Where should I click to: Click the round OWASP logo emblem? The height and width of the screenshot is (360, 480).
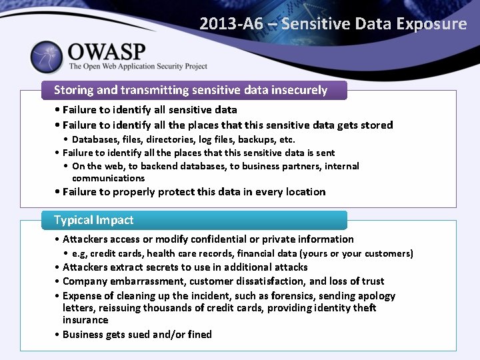[x=46, y=57]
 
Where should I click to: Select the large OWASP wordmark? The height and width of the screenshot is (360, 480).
[x=107, y=51]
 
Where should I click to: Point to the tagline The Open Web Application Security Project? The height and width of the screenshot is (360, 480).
[x=138, y=67]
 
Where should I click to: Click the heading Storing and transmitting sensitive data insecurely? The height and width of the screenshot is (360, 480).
[x=191, y=90]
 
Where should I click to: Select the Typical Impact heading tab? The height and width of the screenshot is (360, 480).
[x=93, y=220]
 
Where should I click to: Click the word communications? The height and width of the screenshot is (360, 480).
[x=108, y=178]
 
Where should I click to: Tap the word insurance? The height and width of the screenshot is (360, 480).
[x=85, y=320]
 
